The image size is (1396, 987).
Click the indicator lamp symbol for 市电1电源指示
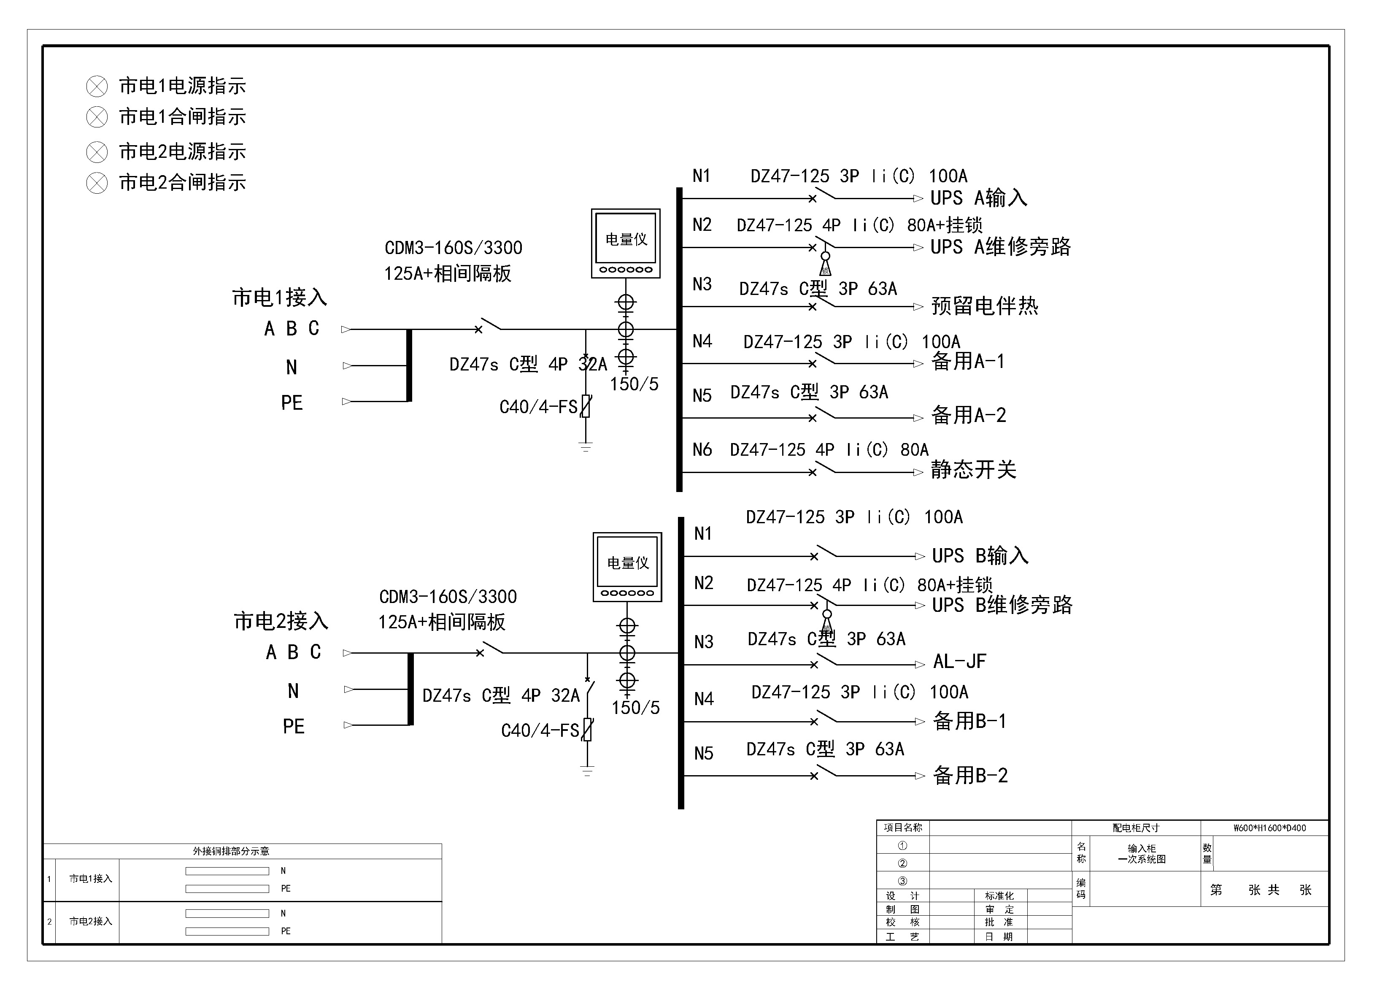97,87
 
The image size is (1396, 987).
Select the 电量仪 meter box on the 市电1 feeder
626,243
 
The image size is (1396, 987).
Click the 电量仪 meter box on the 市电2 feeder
627,567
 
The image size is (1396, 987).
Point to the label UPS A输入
978,198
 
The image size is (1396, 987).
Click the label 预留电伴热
984,306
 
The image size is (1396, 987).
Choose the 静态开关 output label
973,470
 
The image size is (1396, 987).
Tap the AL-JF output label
959,661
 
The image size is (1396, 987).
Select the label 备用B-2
970,775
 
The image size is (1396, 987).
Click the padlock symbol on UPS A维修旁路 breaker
825,266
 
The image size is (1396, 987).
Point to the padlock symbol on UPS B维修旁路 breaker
827,623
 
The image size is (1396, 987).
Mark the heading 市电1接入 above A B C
280,297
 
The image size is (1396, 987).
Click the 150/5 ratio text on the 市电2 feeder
635,707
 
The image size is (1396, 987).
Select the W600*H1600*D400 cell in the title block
1269,827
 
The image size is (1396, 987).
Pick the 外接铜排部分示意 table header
231,851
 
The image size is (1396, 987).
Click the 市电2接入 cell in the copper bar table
91,921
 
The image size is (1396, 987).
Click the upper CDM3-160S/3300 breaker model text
453,248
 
